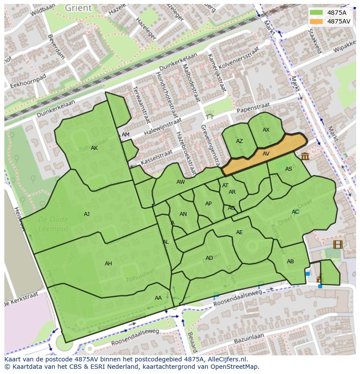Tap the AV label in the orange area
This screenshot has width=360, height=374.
pos(266,153)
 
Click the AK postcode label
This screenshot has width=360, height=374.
pos(94,148)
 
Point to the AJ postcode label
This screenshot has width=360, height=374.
pos(87,214)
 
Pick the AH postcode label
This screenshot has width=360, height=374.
pos(108,263)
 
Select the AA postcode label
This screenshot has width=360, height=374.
pos(158,298)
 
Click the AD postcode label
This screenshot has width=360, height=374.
pos(209,258)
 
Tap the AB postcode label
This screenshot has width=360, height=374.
pos(290,261)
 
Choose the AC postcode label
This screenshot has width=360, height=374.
pos(295,212)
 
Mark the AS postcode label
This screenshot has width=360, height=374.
pos(289,169)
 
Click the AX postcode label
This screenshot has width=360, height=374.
pos(266,130)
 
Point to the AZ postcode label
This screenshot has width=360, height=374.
pos(240,141)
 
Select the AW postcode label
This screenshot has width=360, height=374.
pos(180,182)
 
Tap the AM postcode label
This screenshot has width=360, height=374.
pos(126,135)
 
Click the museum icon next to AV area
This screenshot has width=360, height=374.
pos(305,156)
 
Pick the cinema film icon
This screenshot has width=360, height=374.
pos(338,244)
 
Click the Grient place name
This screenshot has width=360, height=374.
pos(78,8)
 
